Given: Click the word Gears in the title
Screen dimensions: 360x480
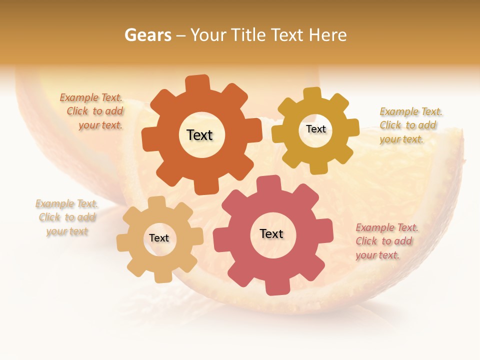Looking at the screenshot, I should point(147,35).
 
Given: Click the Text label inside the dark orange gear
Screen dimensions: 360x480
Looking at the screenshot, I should point(199,135).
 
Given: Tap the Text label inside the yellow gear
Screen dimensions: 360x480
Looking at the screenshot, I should point(315,129).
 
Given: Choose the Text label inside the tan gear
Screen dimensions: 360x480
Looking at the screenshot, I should point(159,238).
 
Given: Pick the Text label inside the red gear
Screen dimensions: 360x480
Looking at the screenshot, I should point(271,233).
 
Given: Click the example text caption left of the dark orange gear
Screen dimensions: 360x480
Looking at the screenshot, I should point(93,111).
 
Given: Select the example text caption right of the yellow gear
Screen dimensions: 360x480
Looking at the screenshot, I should point(409,125).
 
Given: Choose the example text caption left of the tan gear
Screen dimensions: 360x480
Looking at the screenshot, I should point(67,217).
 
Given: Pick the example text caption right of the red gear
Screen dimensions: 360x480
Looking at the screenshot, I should point(386,241).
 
